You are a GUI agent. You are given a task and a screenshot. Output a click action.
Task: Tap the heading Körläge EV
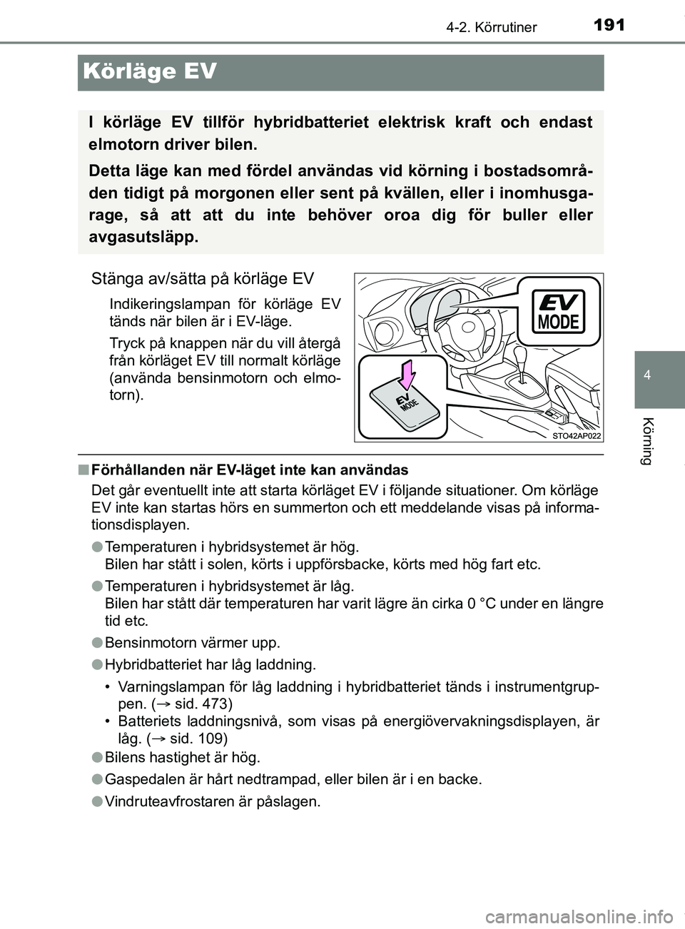(x=150, y=72)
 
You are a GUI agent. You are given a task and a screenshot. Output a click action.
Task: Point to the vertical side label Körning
(x=646, y=440)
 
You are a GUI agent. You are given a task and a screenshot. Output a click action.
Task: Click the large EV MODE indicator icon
(x=559, y=312)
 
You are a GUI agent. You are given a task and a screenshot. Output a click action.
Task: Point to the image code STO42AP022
(x=576, y=435)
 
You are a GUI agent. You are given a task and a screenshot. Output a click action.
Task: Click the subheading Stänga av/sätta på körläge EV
(x=202, y=278)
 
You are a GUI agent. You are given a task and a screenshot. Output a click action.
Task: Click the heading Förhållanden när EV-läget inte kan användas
(x=250, y=469)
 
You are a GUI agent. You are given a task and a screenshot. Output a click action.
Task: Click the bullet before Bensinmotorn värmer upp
(x=97, y=642)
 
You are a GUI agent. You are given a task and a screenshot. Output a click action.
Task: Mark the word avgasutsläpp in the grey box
(x=141, y=237)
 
